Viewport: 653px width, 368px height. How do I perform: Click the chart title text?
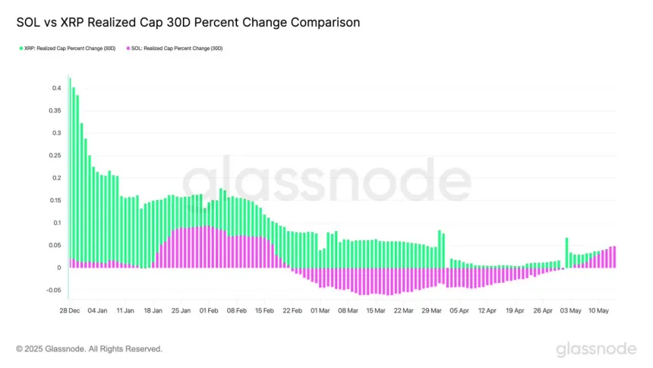(x=188, y=23)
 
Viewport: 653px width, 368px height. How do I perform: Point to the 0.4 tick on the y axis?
(x=55, y=88)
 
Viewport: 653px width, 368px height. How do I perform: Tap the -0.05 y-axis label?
(x=52, y=290)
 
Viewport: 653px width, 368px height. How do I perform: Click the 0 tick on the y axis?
(x=58, y=268)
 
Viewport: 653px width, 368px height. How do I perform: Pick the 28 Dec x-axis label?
(x=69, y=310)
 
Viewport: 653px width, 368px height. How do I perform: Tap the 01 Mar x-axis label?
(x=320, y=310)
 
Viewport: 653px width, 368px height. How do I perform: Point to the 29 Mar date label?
(x=431, y=310)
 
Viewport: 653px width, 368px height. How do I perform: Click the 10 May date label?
(x=600, y=310)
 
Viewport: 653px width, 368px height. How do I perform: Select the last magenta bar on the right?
(x=614, y=257)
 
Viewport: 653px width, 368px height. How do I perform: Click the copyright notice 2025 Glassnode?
(x=89, y=349)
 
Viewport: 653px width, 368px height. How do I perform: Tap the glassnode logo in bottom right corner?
(x=596, y=349)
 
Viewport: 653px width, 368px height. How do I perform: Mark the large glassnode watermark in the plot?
(x=326, y=182)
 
